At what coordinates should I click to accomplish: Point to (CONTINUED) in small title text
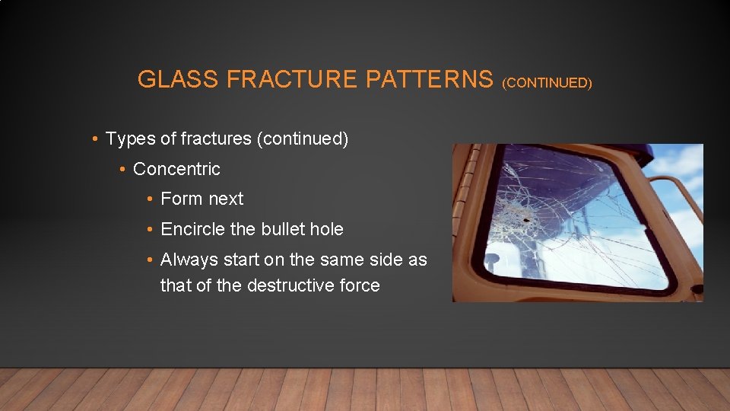(x=547, y=82)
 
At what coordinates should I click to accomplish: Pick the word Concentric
(x=176, y=169)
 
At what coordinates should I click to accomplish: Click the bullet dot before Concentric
(x=122, y=169)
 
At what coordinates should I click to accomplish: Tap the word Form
(x=181, y=199)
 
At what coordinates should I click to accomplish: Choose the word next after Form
(x=226, y=199)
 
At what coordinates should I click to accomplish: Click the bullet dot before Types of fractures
(x=94, y=139)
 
